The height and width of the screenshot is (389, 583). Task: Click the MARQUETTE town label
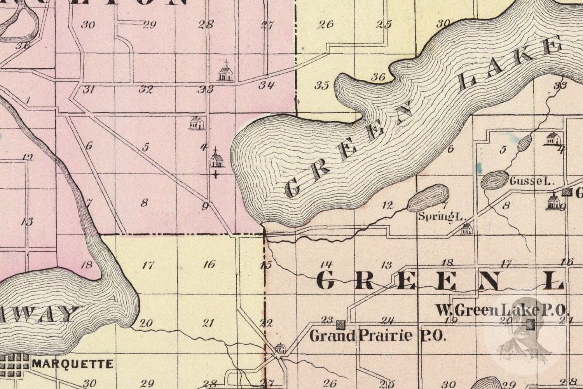pyautogui.click(x=73, y=364)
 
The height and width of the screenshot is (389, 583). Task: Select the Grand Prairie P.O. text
pyautogui.click(x=377, y=335)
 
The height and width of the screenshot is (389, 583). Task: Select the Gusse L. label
pyautogui.click(x=531, y=181)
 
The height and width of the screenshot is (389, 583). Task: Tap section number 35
pyautogui.click(x=321, y=85)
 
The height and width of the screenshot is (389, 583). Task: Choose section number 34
pyautogui.click(x=267, y=85)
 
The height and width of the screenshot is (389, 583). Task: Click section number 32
pyautogui.click(x=146, y=89)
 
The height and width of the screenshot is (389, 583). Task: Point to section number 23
pyautogui.click(x=327, y=320)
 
